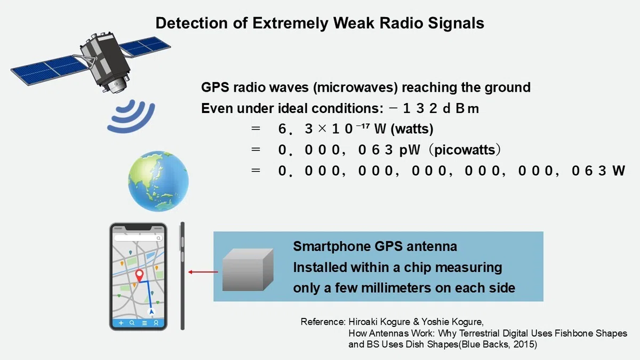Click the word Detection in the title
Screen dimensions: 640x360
pos(191,23)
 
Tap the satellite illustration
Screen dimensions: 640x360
pos(91,62)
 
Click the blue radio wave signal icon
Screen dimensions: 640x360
pos(131,116)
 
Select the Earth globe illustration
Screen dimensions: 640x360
pos(158,181)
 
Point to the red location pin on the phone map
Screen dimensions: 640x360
pos(139,275)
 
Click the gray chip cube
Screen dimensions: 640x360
pos(247,269)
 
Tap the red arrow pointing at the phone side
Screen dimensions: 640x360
pos(203,272)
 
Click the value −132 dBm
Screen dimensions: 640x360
pos(434,109)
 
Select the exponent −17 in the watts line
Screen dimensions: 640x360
pos(363,125)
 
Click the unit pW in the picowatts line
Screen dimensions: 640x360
pos(410,150)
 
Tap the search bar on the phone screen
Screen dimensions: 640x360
pos(138,238)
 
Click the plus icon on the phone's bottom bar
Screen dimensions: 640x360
pos(121,323)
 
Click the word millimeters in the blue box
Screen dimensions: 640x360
pos(396,288)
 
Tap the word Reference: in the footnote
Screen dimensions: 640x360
pos(323,322)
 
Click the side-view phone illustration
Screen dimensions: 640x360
pos(182,276)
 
